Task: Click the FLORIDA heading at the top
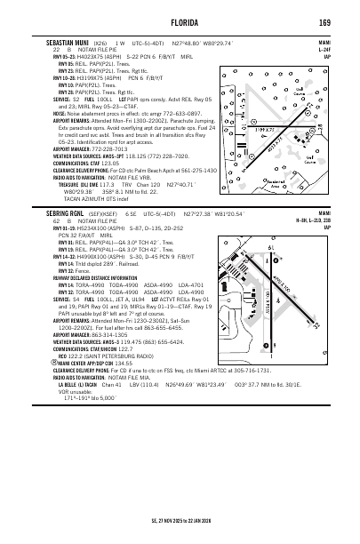click(179, 21)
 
